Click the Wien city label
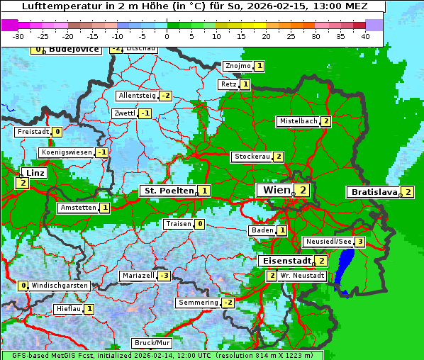tap(274, 190)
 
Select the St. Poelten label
tap(167, 191)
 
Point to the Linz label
tap(33, 173)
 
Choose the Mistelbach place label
tap(299, 121)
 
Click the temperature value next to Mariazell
tap(164, 276)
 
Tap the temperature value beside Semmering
tap(228, 303)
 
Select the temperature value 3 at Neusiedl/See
tap(360, 242)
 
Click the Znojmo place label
tap(237, 66)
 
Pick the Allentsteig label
tap(137, 96)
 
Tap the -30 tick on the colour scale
tap(18, 35)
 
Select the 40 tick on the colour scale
tap(365, 35)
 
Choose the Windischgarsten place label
tap(60, 286)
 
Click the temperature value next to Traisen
tap(200, 224)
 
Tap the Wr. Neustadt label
tap(302, 276)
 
